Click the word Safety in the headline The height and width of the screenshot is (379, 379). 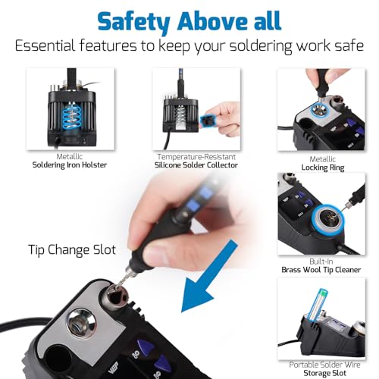134,21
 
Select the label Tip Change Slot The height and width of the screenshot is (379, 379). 72,249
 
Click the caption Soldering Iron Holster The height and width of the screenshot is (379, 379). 70,165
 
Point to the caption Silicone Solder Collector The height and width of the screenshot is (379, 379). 196,165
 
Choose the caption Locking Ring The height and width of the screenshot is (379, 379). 323,168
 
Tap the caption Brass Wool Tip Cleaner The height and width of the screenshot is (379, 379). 321,270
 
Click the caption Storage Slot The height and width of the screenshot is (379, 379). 324,373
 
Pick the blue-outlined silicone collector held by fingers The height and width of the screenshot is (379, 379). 207,121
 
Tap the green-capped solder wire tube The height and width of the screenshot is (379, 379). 317,305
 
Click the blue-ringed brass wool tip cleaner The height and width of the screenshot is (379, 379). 327,219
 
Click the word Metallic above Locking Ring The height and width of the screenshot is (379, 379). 323,159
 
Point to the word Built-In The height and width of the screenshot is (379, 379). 321,262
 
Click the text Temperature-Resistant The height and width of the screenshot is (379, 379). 196,157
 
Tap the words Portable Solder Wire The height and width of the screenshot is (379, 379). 324,365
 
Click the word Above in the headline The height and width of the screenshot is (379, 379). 213,20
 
